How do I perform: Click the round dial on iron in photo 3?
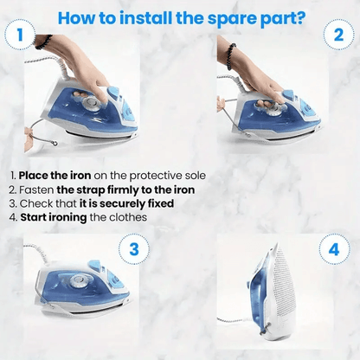click(x=79, y=281)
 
